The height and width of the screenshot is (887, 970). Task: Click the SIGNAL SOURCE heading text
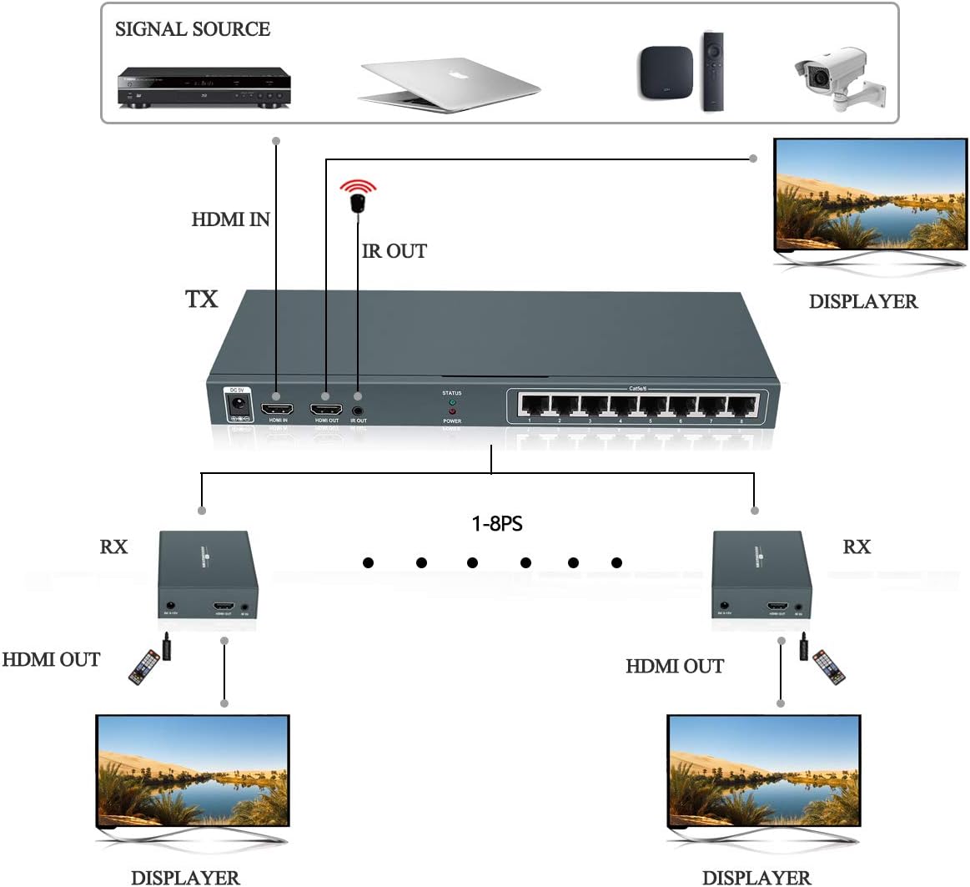point(193,29)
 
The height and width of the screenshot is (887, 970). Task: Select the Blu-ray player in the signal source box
point(204,88)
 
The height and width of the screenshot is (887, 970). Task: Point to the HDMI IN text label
point(231,219)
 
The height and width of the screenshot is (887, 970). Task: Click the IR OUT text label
point(395,251)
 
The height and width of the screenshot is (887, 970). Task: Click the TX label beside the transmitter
point(201,299)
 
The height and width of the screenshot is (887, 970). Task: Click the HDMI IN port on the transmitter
point(278,410)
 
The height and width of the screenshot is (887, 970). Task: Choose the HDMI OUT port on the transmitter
point(326,410)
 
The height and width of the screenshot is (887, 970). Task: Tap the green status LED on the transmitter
point(452,401)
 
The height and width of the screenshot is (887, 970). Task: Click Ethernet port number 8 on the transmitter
point(741,406)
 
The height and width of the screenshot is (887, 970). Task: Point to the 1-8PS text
point(497,524)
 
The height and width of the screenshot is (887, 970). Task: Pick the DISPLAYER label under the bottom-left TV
point(185,877)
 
